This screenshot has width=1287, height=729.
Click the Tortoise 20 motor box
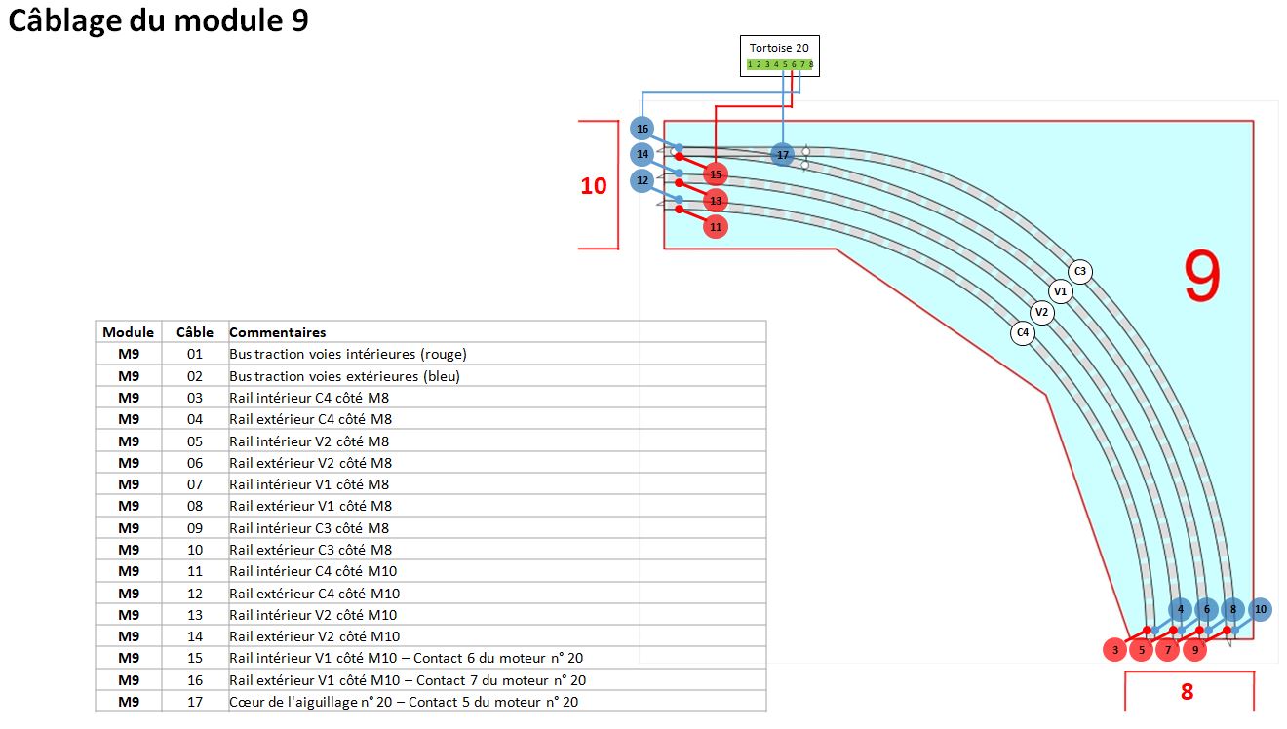[x=779, y=56]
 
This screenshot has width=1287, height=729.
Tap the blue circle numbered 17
[x=782, y=154]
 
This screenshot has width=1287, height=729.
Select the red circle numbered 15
[x=716, y=174]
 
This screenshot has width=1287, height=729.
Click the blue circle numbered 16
[x=642, y=129]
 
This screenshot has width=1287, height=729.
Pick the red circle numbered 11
[x=716, y=226]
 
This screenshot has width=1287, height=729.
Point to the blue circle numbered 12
[x=642, y=180]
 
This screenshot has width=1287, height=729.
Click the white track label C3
[x=1078, y=271]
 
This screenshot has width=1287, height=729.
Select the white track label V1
[x=1061, y=291]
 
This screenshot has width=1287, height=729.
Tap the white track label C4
[x=1022, y=332]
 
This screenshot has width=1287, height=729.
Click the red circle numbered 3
[x=1115, y=650]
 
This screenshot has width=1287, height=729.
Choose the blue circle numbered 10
[x=1260, y=609]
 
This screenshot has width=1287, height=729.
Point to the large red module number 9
[x=1201, y=278]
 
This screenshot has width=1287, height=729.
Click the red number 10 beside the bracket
[x=593, y=185]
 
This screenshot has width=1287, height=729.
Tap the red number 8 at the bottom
[x=1187, y=692]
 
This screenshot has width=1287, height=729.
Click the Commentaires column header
[x=277, y=332]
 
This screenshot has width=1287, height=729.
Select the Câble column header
[x=194, y=332]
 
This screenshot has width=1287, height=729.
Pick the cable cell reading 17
[x=194, y=702]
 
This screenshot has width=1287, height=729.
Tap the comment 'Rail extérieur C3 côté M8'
[x=310, y=550]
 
